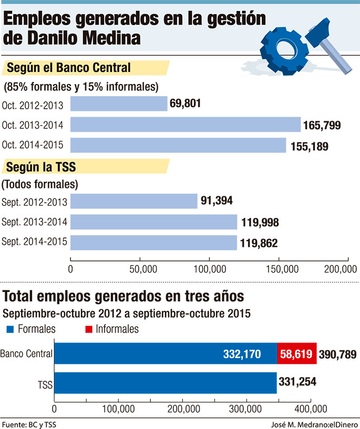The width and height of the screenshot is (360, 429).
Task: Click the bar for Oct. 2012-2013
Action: click(118, 103)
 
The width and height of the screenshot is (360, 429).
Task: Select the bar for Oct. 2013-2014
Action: click(185, 124)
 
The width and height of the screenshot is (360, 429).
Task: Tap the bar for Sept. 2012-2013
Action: click(133, 201)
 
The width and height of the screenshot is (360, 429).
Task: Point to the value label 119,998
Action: click(260, 222)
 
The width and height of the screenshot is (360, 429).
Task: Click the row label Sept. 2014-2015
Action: click(34, 243)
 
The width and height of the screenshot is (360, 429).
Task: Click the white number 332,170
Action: click(243, 354)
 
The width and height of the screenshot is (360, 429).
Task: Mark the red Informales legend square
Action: click(89, 330)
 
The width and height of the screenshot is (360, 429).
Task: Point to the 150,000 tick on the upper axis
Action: click(279, 269)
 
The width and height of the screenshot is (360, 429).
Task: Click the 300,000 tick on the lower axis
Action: click(246, 409)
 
